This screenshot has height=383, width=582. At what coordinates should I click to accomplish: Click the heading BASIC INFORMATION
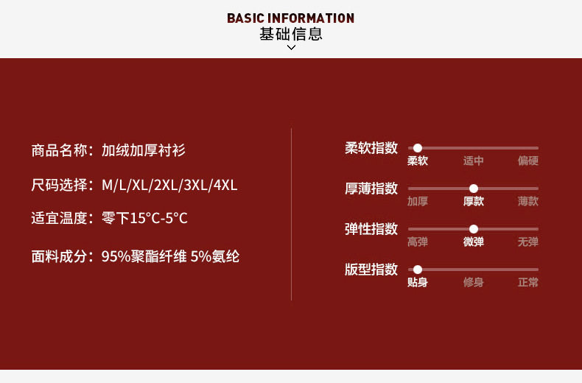coord(290,18)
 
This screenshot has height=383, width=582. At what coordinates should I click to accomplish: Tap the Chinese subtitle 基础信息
coord(290,34)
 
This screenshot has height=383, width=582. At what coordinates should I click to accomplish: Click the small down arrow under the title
coord(291,48)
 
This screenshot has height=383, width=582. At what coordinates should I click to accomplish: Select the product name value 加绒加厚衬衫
coord(144,150)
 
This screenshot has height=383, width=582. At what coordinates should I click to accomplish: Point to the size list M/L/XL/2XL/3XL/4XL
coord(169,185)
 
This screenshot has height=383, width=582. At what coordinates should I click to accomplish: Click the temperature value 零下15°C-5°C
coord(144,218)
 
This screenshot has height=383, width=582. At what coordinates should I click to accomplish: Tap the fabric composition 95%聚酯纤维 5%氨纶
coord(170,256)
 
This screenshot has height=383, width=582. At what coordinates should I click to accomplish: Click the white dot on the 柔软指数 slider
coord(418,148)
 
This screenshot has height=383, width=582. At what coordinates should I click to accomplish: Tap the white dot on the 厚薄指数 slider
coord(474,189)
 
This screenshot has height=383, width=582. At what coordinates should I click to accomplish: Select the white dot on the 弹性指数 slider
coord(474,229)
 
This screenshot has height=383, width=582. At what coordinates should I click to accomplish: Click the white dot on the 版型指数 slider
coord(418,270)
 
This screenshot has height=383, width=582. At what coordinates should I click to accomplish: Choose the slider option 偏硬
coord(527,161)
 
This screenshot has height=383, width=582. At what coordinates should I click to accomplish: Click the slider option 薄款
coord(527,201)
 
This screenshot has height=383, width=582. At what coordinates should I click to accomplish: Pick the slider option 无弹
coord(527,242)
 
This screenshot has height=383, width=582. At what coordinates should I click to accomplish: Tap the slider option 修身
coord(474,282)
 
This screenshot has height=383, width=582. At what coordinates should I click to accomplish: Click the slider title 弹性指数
coord(371,228)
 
